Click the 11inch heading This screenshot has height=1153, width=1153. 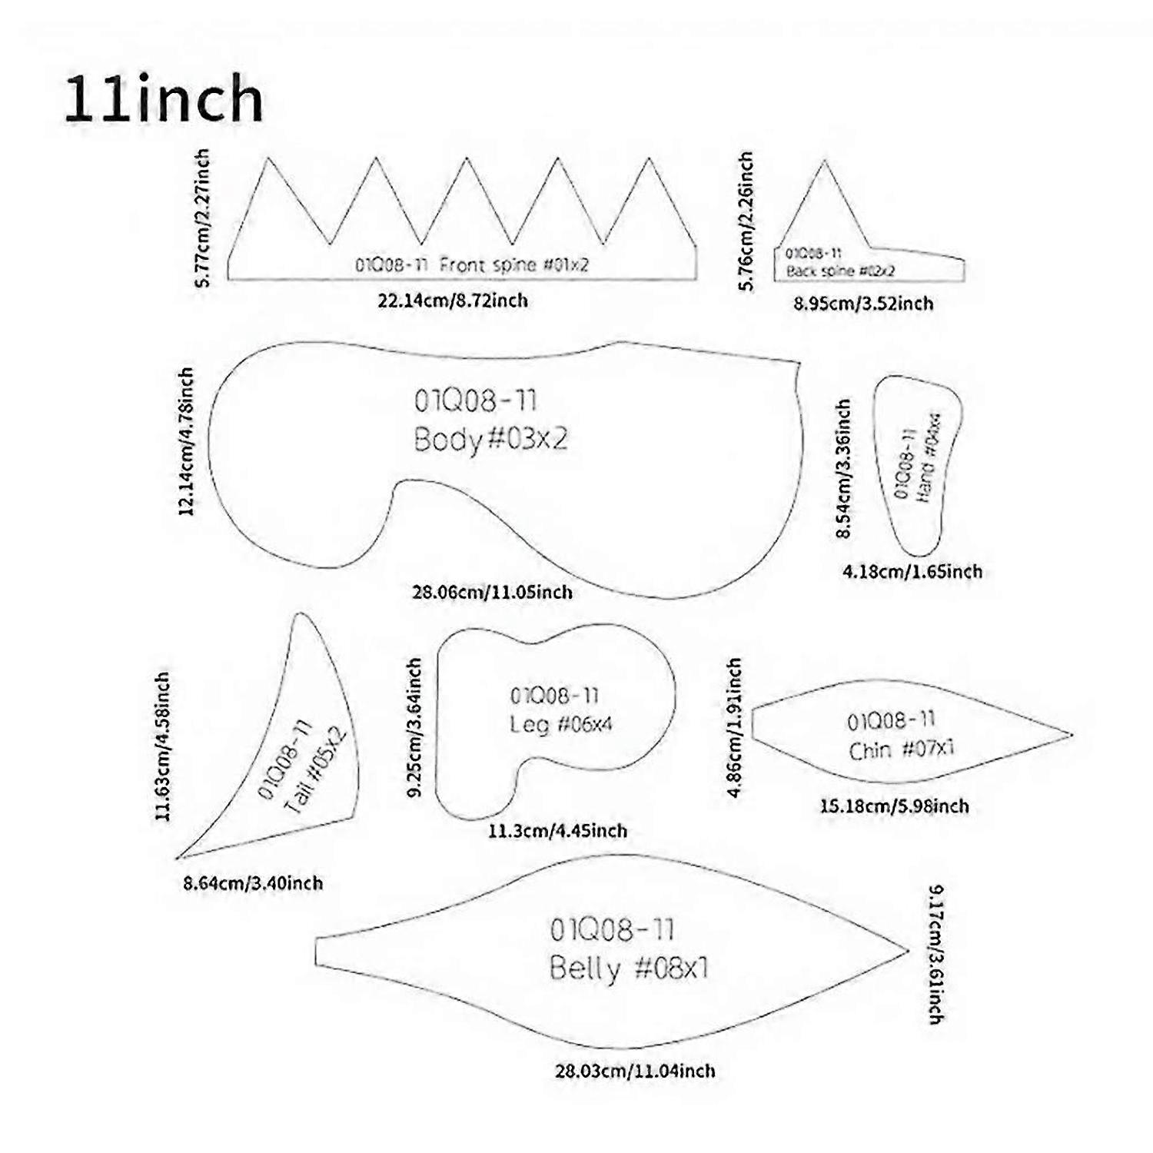(x=164, y=99)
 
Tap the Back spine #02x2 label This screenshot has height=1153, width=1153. (x=840, y=271)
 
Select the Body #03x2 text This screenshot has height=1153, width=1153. (x=490, y=440)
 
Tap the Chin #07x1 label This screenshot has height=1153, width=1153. (x=901, y=749)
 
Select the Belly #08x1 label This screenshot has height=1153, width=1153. (x=629, y=968)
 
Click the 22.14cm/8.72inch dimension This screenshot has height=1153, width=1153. (x=453, y=300)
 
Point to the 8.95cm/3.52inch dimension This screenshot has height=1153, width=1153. (x=863, y=304)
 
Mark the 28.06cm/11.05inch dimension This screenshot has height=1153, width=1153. (x=492, y=592)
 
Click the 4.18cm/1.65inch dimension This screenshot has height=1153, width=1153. (x=912, y=571)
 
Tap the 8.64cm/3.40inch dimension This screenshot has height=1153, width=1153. (x=253, y=883)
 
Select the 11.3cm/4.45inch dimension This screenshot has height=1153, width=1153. (x=557, y=831)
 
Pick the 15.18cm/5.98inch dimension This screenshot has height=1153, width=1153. (x=895, y=806)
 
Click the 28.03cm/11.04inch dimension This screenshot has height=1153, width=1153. (x=635, y=1071)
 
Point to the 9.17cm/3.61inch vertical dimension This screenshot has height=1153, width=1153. (x=935, y=955)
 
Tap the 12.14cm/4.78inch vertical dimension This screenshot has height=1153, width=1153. (x=186, y=440)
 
